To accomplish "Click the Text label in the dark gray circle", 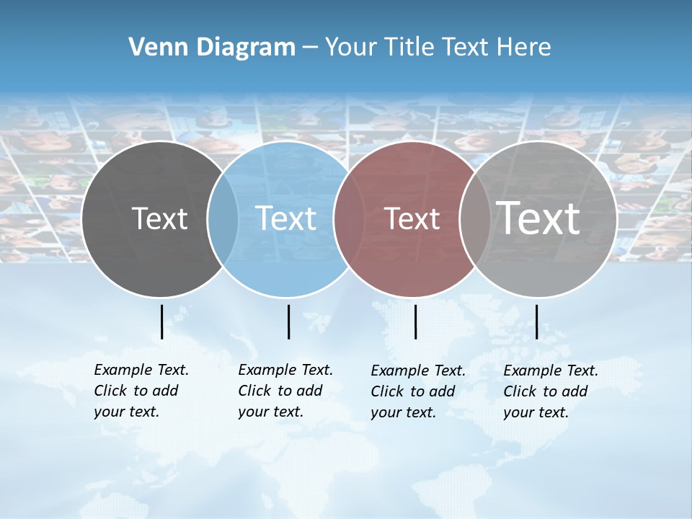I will (159, 218).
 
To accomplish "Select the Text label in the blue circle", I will (286, 218).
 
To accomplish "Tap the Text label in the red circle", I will (412, 218).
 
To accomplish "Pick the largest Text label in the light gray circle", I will (538, 218).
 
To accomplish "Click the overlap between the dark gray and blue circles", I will (223, 219).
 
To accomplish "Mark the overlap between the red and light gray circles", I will (474, 219).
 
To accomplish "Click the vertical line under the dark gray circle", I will (161, 321).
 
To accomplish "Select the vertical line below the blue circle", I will (288, 321).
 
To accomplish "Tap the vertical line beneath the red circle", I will (415, 321).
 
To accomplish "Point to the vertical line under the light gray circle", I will (536, 321).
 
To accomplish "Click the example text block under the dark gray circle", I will (141, 391).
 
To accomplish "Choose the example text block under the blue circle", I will (285, 391).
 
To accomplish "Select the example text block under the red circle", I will (417, 391).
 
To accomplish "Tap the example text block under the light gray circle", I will (550, 391).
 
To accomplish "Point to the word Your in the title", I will (351, 47).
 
